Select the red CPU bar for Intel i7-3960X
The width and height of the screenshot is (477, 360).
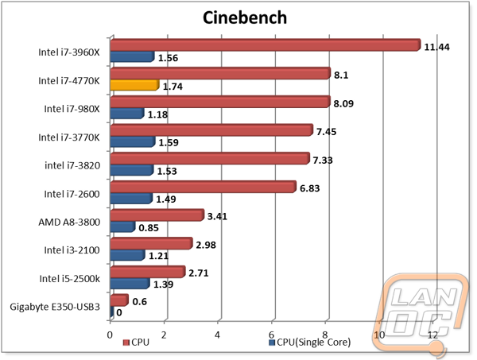point(265,45)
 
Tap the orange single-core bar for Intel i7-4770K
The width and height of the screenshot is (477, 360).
point(134,83)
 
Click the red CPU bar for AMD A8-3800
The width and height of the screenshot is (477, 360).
point(157,215)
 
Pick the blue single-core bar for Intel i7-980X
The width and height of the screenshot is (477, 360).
point(127,113)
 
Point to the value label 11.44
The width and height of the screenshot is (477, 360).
point(437,48)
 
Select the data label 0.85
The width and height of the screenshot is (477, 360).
point(149,229)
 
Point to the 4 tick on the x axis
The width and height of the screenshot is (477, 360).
point(218,335)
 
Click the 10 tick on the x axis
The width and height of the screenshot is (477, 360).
point(379,335)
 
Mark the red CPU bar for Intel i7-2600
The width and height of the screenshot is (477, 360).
point(203,187)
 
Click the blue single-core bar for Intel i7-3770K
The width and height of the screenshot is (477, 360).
point(133,141)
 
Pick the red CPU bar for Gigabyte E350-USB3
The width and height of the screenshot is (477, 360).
point(119,300)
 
